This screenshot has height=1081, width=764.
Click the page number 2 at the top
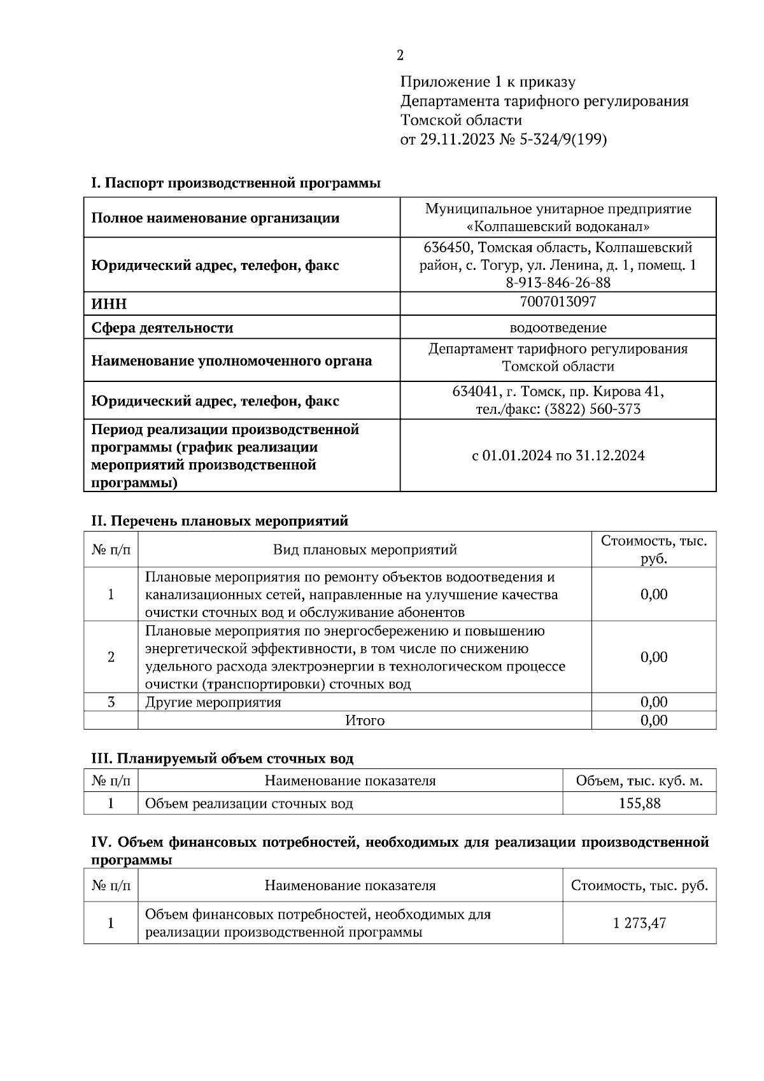point(400,55)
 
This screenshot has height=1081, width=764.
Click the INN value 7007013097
point(558,301)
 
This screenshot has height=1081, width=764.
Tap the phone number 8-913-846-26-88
point(558,282)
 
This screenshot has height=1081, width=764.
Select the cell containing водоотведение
point(558,328)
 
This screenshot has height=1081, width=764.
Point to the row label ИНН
point(110,304)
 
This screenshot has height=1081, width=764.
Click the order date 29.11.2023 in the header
point(457,139)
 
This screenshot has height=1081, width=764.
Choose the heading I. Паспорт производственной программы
point(236,183)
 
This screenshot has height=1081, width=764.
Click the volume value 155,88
point(639,803)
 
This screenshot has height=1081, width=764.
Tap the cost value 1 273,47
point(639,922)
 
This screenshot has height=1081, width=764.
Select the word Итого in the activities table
point(365,720)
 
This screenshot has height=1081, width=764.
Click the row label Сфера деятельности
point(162,328)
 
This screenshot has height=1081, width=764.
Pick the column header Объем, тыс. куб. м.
point(639,781)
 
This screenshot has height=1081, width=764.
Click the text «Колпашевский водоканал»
point(558,227)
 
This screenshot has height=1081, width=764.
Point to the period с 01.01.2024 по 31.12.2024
point(558,455)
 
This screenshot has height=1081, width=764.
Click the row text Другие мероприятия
point(213,702)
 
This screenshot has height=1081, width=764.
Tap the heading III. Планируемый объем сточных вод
point(222,758)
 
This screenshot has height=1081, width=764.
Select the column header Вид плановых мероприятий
point(365,549)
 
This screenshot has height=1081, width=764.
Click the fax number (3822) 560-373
point(592,409)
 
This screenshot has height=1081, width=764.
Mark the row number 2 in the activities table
point(111,657)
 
